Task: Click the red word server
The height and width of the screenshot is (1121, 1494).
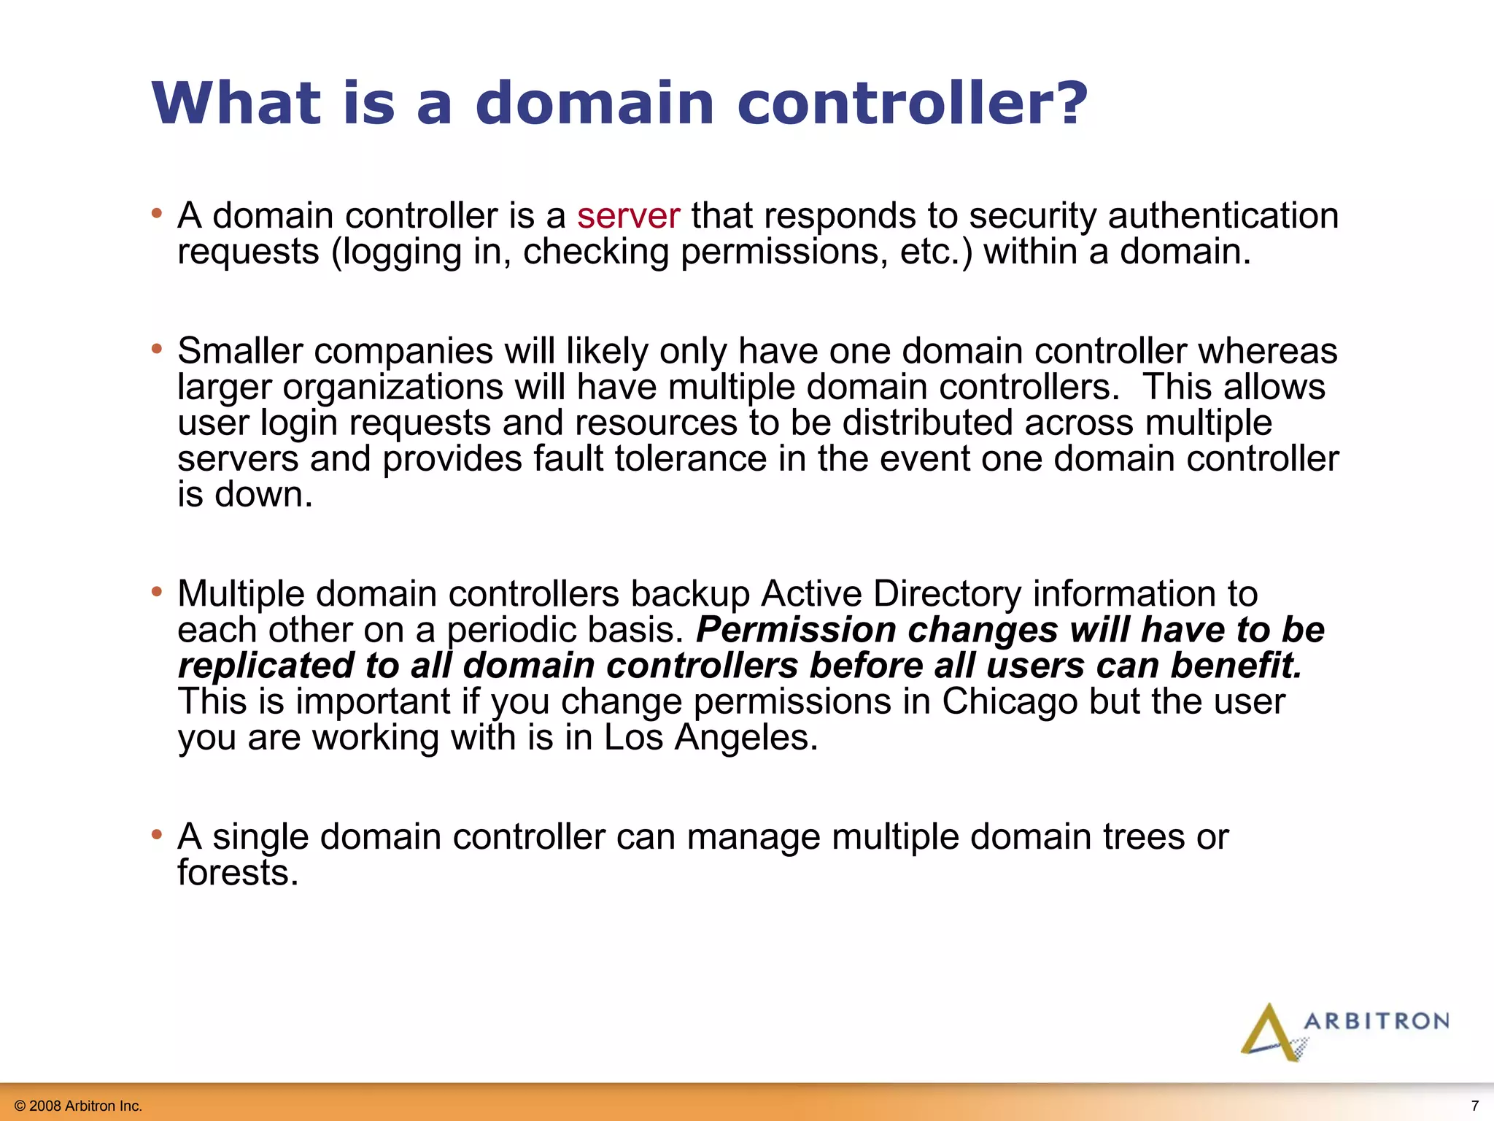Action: point(628,217)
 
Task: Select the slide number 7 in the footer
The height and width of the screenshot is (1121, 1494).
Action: point(1474,1105)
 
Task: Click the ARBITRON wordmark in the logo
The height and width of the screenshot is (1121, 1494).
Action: point(1376,1021)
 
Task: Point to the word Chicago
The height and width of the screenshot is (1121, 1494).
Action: point(1010,701)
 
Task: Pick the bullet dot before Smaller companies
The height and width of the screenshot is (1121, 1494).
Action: point(156,349)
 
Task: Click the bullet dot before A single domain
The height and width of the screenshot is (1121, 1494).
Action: point(156,834)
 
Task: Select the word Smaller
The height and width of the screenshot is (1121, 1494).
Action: point(240,351)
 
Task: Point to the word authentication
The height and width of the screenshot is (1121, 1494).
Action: point(1223,217)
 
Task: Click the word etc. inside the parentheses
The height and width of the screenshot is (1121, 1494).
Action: point(936,252)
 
